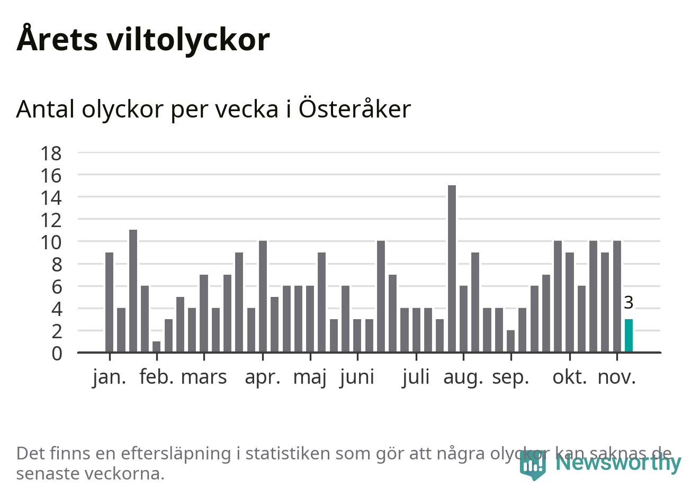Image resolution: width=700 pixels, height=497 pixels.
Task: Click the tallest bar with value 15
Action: click(452, 268)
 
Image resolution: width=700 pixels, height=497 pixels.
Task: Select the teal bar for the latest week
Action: click(629, 336)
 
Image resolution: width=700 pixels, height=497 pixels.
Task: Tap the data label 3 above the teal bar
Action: click(629, 303)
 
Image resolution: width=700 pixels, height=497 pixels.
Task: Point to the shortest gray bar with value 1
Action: click(156, 347)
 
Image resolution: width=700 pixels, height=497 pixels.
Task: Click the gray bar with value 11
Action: click(133, 291)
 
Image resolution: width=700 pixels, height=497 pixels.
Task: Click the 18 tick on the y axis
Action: click(51, 153)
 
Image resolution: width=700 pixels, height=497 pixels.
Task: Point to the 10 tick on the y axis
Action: click(51, 242)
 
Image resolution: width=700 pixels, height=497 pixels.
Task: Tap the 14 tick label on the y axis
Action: click(51, 198)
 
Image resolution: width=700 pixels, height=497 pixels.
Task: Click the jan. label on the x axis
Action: click(110, 377)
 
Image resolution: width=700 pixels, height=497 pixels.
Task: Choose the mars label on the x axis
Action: click(204, 377)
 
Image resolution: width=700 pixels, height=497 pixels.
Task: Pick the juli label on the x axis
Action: click(416, 377)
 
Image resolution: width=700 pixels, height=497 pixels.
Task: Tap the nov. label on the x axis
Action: click(616, 377)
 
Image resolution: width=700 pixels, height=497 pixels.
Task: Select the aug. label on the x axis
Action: click(463, 377)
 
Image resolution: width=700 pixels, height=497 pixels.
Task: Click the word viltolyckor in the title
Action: click(188, 40)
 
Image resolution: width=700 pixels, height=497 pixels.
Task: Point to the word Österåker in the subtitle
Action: click(354, 109)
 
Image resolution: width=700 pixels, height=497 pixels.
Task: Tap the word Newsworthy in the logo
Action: click(618, 463)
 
